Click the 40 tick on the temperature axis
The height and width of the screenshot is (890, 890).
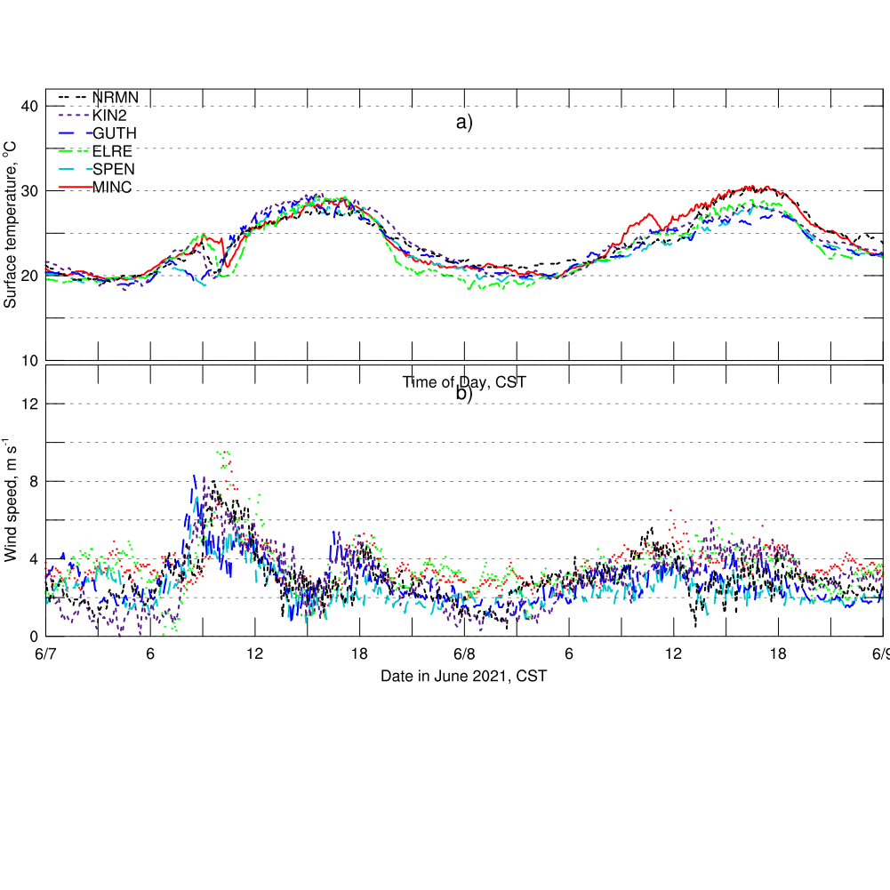tap(30, 107)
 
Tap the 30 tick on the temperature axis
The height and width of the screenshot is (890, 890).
tap(30, 191)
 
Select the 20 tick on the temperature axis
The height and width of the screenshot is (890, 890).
tap(30, 276)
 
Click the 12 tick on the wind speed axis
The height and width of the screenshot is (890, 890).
tap(30, 404)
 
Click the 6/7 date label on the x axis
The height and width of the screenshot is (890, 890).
tap(46, 653)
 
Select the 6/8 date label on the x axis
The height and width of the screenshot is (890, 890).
tap(464, 653)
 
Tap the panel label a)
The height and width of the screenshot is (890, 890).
tap(464, 123)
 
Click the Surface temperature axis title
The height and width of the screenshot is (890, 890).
tap(11, 230)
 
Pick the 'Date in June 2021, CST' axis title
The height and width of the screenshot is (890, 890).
tap(463, 676)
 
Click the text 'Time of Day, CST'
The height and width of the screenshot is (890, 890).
tap(464, 382)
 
